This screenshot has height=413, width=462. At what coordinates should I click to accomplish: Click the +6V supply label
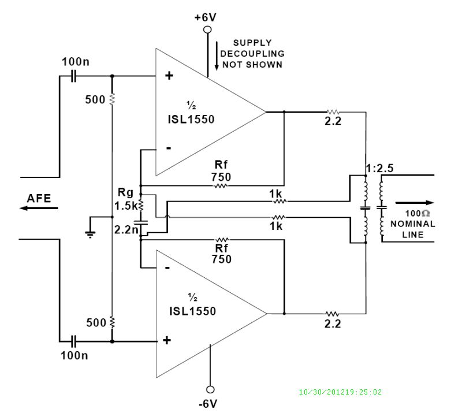click(x=205, y=17)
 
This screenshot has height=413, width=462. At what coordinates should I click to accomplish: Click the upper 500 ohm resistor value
click(x=94, y=99)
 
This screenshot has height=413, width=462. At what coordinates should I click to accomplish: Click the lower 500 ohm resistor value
click(x=94, y=322)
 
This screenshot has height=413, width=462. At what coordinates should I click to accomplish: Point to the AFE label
click(x=39, y=198)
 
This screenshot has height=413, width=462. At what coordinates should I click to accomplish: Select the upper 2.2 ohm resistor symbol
click(x=333, y=112)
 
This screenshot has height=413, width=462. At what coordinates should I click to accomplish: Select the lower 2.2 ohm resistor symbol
click(x=333, y=314)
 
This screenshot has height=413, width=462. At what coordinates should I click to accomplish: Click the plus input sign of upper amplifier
click(x=169, y=76)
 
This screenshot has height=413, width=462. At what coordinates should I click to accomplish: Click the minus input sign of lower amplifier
click(x=168, y=268)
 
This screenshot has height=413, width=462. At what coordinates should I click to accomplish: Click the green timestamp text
click(x=340, y=392)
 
